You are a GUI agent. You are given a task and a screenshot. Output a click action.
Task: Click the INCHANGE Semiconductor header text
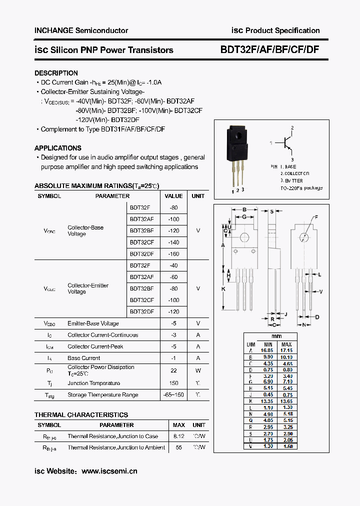click(x=81, y=30)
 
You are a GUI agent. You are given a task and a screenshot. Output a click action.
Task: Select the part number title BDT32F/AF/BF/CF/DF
click(x=270, y=49)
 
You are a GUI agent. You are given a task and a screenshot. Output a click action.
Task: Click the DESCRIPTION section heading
click(x=56, y=73)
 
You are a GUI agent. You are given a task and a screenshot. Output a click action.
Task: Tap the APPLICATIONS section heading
click(x=57, y=148)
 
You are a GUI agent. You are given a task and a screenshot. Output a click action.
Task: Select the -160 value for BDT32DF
click(x=173, y=254)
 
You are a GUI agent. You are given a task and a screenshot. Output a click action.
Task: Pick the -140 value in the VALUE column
click(x=173, y=242)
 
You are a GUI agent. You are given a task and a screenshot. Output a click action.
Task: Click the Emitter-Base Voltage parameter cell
click(x=93, y=323)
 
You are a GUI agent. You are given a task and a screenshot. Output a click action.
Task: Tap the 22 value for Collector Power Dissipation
click(x=173, y=370)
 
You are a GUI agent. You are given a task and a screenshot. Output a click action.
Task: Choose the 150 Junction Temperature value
click(x=173, y=383)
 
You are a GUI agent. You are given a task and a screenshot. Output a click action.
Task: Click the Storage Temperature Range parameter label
click(x=102, y=394)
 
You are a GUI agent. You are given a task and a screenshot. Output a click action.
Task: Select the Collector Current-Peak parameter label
click(x=95, y=346)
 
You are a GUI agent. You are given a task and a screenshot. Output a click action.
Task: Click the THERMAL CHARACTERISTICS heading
click(x=81, y=414)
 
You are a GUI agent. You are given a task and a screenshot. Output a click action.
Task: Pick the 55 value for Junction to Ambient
click(x=178, y=447)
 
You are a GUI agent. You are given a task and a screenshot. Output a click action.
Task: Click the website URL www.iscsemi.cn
click(x=109, y=471)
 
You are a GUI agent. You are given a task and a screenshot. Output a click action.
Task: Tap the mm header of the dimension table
click(x=276, y=336)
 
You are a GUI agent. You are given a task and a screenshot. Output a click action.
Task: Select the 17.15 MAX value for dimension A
click(x=286, y=350)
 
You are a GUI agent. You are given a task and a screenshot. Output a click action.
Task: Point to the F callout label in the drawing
click(x=315, y=217)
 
